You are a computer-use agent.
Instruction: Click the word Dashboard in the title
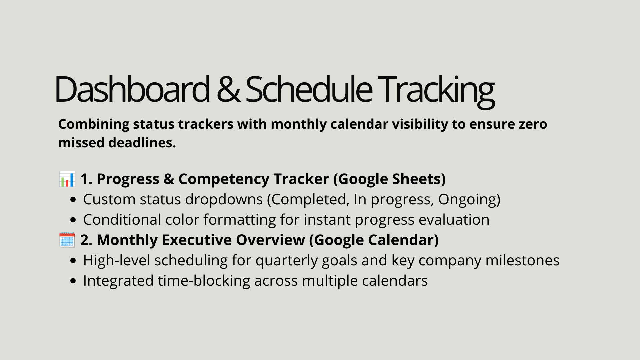[x=132, y=89]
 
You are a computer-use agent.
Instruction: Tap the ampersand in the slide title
[x=228, y=89]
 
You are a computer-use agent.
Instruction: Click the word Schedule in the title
[x=309, y=89]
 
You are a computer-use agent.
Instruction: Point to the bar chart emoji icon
[x=67, y=179]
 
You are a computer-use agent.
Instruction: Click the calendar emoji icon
[x=67, y=240]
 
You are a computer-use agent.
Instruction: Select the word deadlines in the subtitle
[x=142, y=143]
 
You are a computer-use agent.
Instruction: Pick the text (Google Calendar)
[x=374, y=240]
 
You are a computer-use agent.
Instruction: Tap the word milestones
[x=522, y=260]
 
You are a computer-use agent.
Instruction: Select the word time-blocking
[x=204, y=281]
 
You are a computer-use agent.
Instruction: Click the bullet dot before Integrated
[x=73, y=281]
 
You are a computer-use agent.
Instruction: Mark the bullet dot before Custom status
[x=73, y=200]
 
